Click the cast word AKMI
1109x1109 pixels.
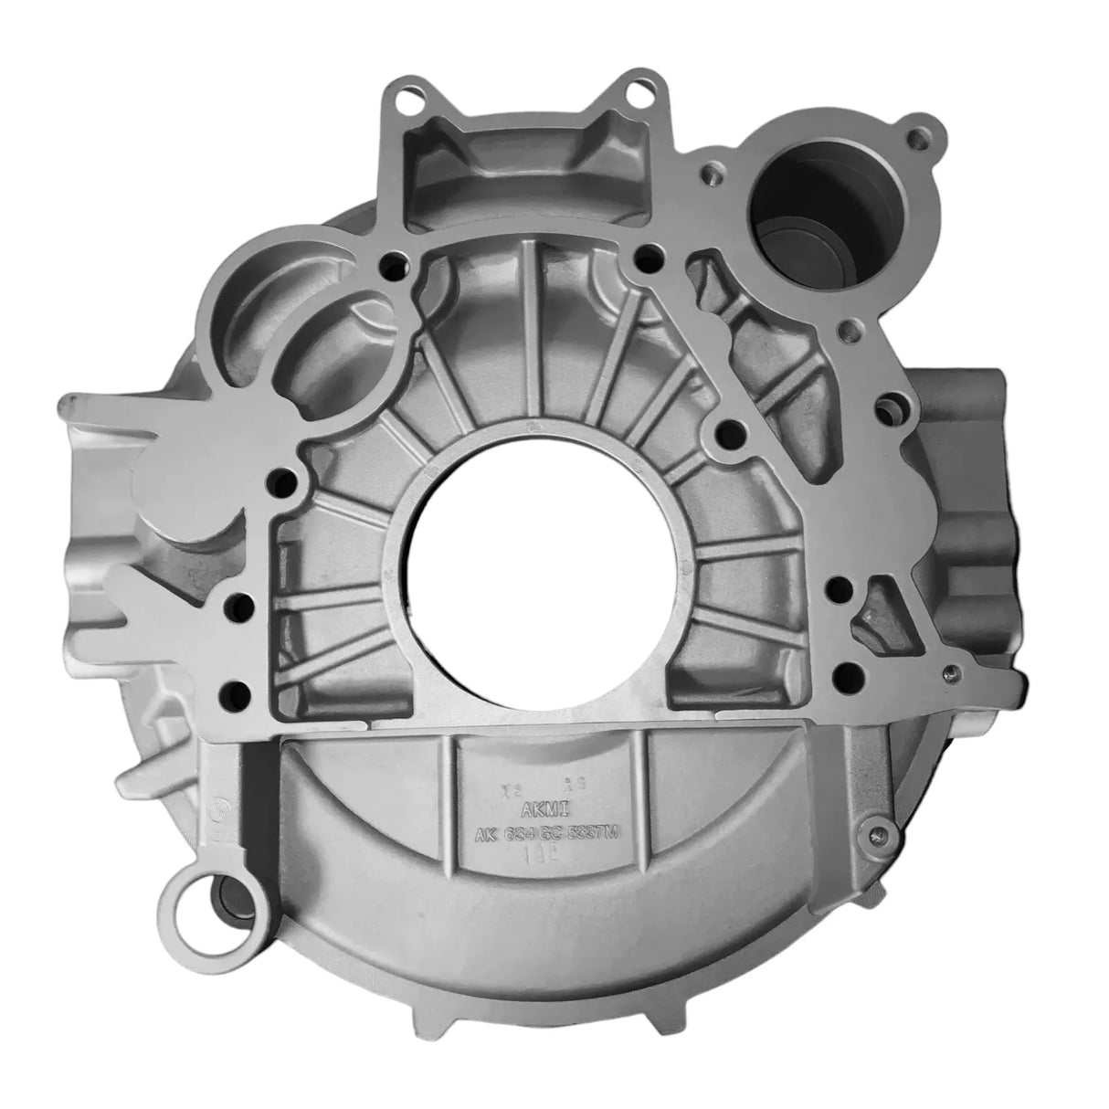tap(542, 808)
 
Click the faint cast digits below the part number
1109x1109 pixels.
tap(541, 860)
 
